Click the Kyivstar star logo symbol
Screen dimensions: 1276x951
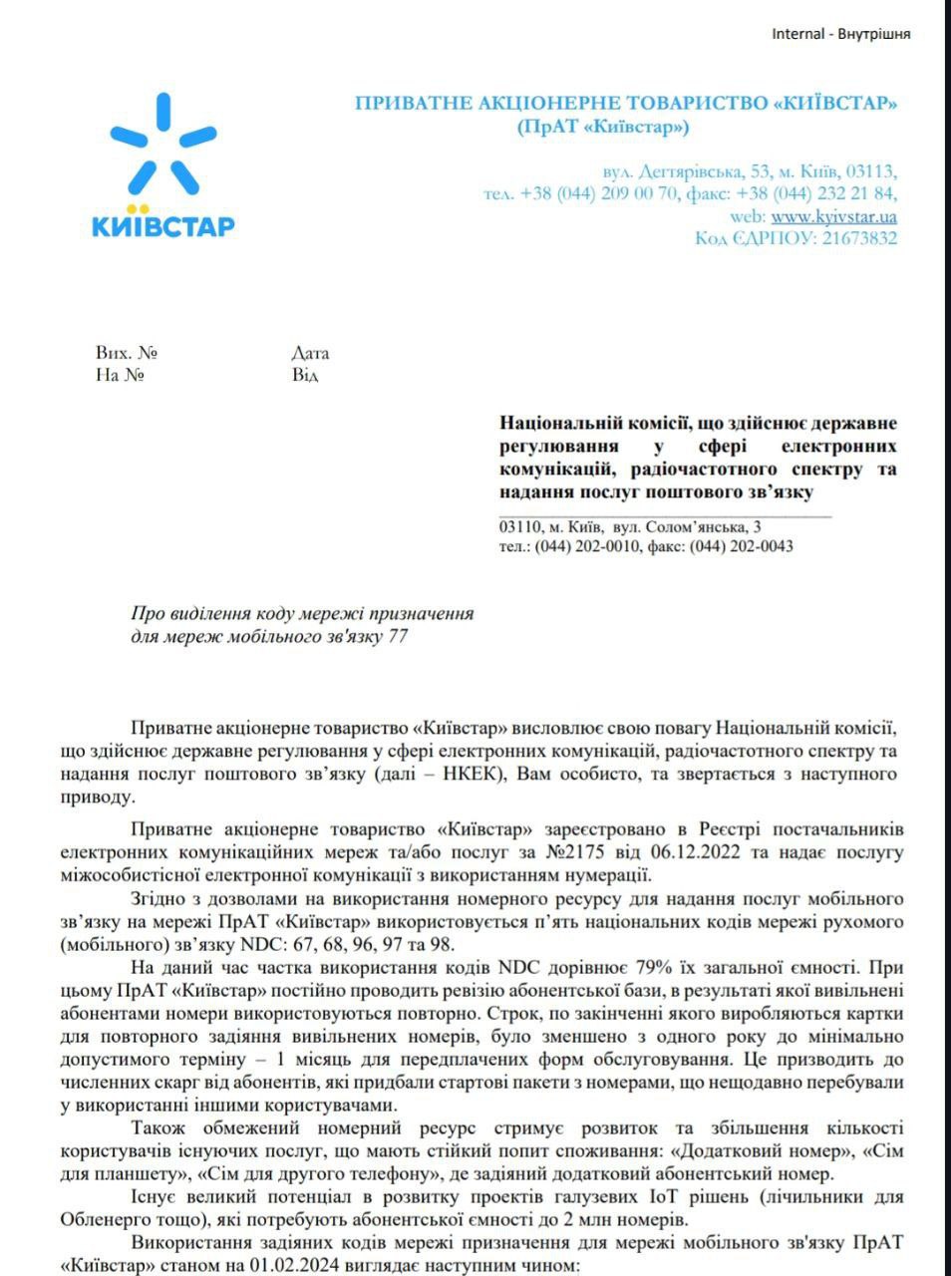(x=162, y=147)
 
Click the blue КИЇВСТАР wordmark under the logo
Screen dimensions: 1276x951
(x=162, y=225)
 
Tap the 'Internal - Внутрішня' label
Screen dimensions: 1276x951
(x=840, y=34)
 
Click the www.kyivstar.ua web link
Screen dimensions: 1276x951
(x=833, y=216)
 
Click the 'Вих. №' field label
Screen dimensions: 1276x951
(x=127, y=353)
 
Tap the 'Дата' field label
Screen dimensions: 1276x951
(x=310, y=353)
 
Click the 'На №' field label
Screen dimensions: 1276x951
(x=120, y=376)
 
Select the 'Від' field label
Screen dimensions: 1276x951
(x=305, y=376)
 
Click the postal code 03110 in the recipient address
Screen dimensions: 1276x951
(x=518, y=526)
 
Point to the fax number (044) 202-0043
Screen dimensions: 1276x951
(x=741, y=546)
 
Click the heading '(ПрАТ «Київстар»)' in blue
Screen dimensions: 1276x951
(x=603, y=128)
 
